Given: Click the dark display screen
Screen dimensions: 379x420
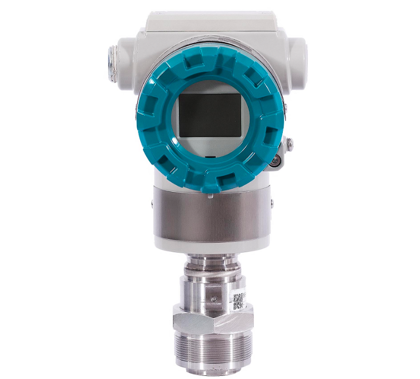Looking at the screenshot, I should point(210,115).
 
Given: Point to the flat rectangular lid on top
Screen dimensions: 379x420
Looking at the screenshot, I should point(210,21).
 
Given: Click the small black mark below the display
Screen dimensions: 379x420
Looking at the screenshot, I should point(209,156).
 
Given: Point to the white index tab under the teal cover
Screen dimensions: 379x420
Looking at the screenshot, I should point(209,195).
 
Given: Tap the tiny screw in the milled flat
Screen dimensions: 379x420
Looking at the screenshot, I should point(214,298).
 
